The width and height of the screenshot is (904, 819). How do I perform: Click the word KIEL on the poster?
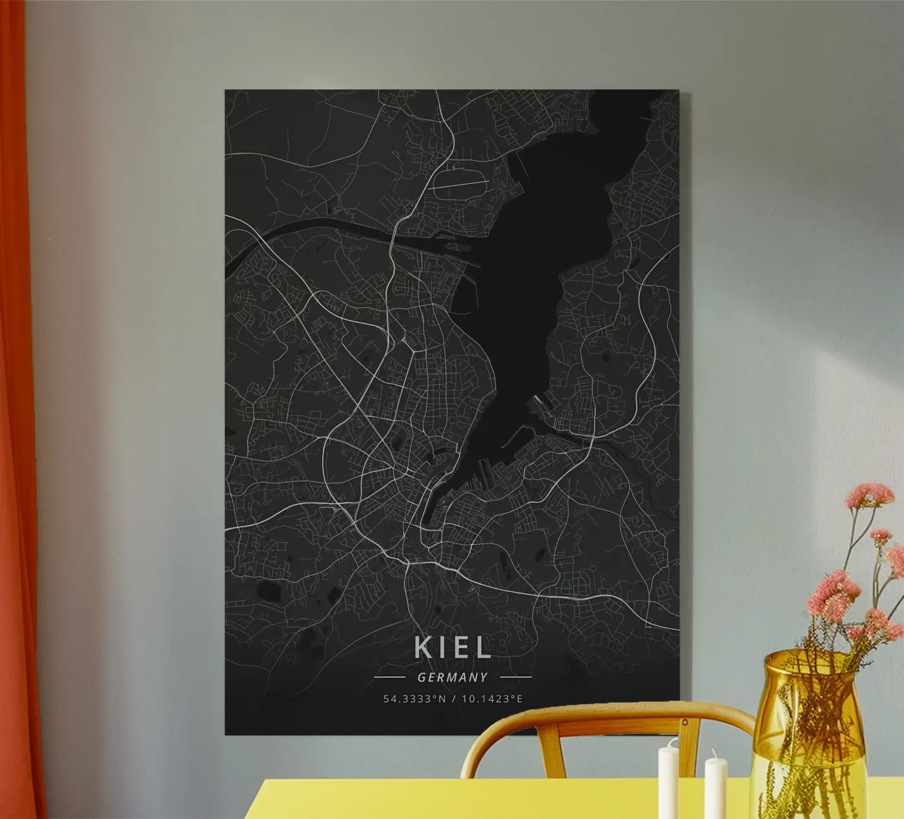click(x=452, y=647)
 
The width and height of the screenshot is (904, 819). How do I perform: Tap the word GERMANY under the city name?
click(x=452, y=678)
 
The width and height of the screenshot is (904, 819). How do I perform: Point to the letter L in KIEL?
click(x=482, y=647)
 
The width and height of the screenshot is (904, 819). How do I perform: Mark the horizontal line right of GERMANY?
click(x=515, y=678)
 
